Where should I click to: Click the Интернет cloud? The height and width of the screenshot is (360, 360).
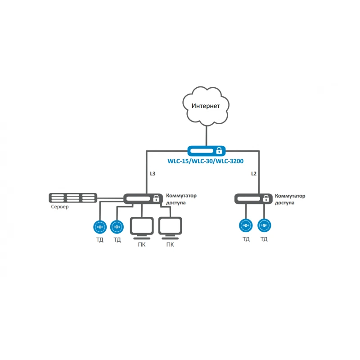pos(206,106)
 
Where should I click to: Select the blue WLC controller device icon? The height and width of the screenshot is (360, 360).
pos(207,151)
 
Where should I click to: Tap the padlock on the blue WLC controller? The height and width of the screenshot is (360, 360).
pos(219,151)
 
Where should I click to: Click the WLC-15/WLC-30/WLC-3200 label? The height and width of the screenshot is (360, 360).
pos(206,161)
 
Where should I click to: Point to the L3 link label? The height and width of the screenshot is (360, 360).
pos(153,174)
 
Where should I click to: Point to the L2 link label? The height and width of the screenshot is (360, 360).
pos(254,174)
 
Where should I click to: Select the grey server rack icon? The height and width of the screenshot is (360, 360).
pos(73,198)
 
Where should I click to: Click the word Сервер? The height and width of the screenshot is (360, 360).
pos(60,207)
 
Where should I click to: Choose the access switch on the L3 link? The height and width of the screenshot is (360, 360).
pos(143,198)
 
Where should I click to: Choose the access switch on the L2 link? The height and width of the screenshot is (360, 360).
pos(253,198)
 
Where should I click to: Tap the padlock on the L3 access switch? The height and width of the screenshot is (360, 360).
pos(156,198)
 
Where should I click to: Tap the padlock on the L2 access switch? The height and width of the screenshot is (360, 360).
pos(266,198)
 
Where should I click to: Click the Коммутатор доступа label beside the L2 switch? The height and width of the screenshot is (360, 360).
pos(290,199)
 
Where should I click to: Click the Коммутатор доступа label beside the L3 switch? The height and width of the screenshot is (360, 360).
pos(181,199)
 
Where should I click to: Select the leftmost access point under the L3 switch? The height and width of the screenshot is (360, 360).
pos(100,227)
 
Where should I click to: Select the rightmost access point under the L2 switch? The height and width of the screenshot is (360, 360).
pos(264,225)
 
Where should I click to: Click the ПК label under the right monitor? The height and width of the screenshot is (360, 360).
pos(170,245)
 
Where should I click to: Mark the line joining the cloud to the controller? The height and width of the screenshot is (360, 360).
pos(207,136)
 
